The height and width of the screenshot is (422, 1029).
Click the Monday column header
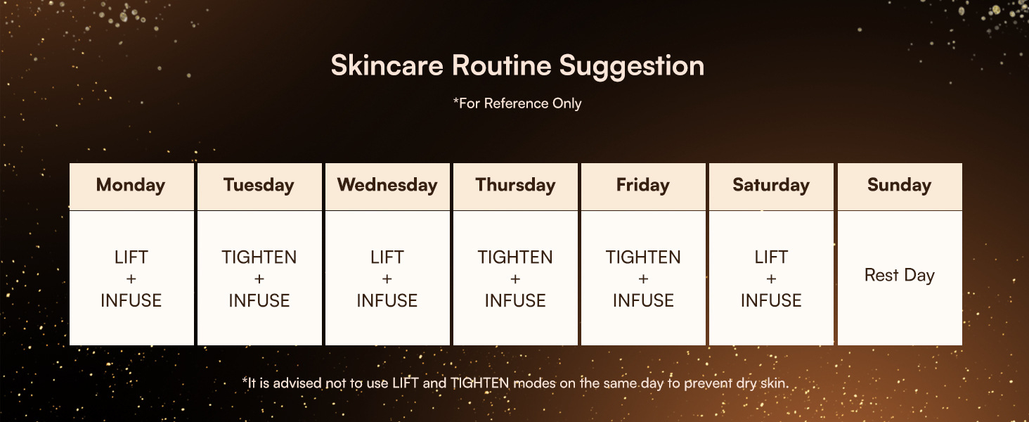(131, 185)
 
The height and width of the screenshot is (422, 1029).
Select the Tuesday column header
(259, 185)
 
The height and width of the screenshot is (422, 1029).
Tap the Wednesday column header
(387, 185)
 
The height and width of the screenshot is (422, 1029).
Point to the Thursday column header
(515, 185)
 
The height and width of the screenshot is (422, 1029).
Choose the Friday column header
(643, 185)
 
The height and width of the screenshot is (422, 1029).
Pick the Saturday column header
(771, 185)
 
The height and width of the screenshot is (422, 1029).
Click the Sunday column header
(900, 185)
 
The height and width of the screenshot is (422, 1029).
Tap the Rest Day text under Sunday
(900, 276)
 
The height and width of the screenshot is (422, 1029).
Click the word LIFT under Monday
(131, 257)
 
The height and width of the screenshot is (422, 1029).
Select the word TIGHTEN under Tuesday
(259, 257)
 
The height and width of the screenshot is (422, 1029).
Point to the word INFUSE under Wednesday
(387, 300)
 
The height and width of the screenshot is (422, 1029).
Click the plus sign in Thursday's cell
(515, 279)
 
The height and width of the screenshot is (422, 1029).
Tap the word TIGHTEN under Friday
(643, 257)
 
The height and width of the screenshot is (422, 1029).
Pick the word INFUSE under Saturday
(771, 300)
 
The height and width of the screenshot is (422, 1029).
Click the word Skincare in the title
(387, 65)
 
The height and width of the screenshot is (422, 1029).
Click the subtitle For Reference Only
(518, 103)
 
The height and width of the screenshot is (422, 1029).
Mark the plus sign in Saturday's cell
(771, 279)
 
